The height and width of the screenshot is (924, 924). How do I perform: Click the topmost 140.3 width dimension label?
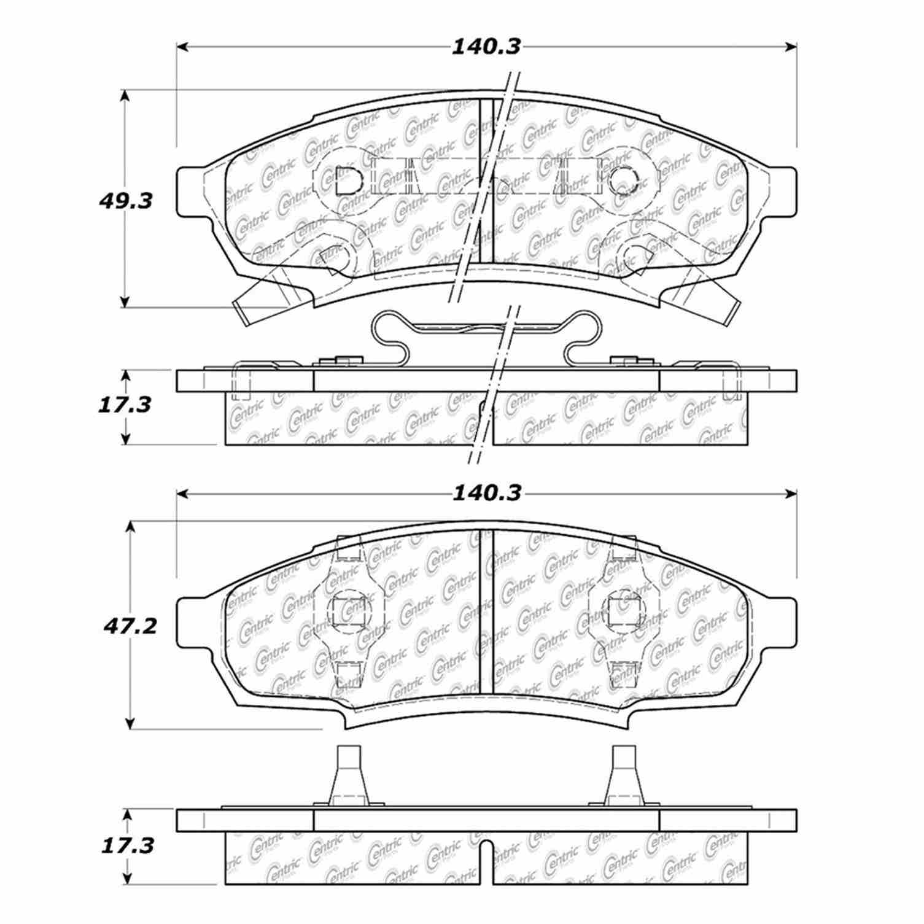(486, 47)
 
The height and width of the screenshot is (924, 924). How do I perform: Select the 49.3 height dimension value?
(125, 201)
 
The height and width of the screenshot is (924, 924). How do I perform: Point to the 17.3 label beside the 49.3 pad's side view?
(125, 405)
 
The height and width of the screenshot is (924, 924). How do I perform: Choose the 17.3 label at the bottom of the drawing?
(125, 846)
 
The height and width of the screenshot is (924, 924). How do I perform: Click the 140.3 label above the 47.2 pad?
(486, 494)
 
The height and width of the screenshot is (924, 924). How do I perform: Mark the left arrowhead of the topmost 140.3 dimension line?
(182, 47)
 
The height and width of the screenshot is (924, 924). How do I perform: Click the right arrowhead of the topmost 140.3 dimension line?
(791, 47)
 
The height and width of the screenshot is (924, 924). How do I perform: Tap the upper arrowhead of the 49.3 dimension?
(125, 96)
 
